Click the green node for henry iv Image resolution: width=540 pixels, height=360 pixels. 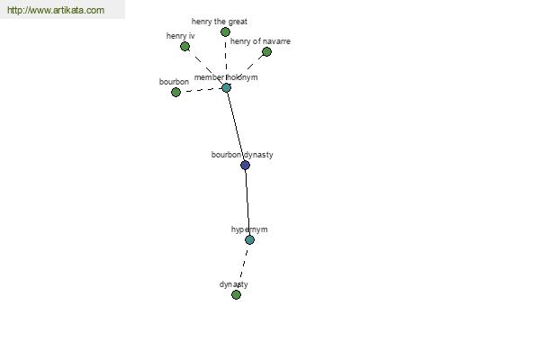[184, 46]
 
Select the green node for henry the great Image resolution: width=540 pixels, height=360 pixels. [225, 32]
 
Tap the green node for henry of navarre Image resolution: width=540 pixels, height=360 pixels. [266, 51]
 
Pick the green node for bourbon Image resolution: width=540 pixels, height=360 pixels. [175, 92]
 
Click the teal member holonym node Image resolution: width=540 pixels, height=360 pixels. [226, 87]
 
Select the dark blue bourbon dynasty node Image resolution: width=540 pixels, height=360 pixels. [245, 165]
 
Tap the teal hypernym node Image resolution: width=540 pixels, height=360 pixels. [249, 239]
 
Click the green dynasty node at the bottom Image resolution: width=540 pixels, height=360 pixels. [236, 294]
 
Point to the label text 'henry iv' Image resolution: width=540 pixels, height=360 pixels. [181, 36]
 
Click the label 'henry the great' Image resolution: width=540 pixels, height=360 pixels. [220, 22]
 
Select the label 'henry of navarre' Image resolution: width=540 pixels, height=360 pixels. [260, 41]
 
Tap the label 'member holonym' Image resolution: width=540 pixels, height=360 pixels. [226, 77]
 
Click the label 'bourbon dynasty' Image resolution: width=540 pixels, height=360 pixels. [242, 155]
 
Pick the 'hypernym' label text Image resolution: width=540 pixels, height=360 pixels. [249, 229]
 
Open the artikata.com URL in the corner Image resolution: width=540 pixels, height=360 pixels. [56, 10]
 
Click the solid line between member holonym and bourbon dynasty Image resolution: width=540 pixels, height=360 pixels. [236, 126]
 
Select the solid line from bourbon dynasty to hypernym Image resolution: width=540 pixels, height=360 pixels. [247, 202]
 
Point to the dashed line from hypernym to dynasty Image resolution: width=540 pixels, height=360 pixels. [243, 266]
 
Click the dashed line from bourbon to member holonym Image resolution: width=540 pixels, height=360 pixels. [201, 90]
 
